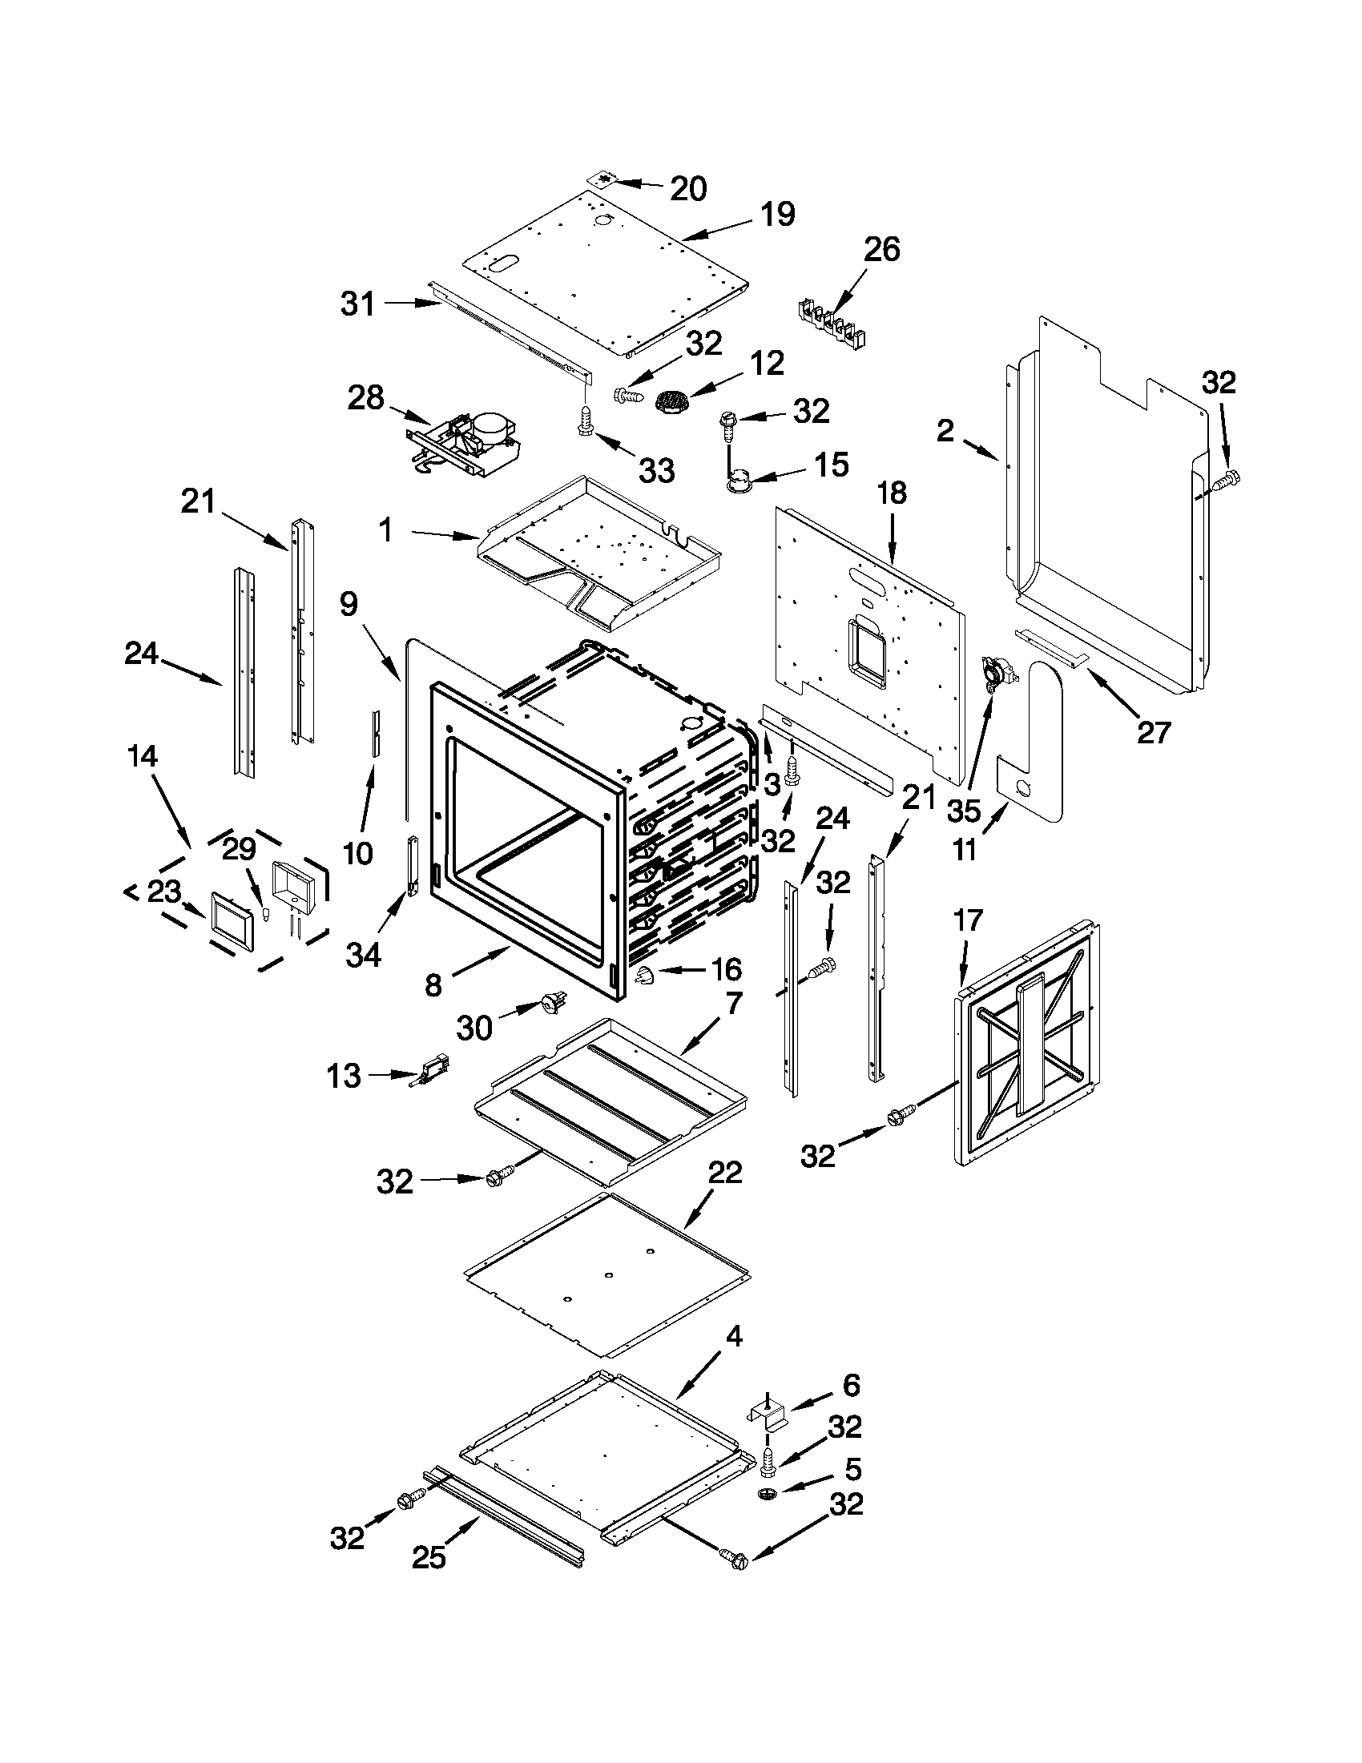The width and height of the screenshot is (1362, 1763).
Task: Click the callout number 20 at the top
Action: [688, 188]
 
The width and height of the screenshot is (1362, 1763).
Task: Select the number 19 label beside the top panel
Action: [776, 215]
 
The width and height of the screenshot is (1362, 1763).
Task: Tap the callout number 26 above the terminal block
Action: [881, 249]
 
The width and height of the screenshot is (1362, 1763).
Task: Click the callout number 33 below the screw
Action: [655, 470]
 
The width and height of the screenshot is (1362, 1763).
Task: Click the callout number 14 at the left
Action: [142, 756]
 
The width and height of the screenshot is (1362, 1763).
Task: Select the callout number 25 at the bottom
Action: [429, 1557]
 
